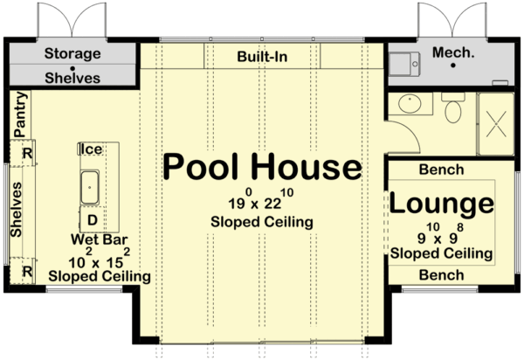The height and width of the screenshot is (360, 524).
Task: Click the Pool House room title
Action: (x=262, y=167)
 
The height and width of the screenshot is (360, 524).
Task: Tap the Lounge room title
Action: (x=441, y=204)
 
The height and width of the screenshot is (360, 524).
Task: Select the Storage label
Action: (x=72, y=54)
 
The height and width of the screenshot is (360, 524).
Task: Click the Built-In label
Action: (x=262, y=58)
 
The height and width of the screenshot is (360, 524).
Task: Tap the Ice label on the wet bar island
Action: (x=91, y=149)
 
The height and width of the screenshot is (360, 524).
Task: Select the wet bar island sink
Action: (x=92, y=184)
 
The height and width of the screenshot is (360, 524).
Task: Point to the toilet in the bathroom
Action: (x=452, y=109)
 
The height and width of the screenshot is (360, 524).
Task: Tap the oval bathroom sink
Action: (x=410, y=105)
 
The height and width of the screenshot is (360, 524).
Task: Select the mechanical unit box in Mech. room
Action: (x=404, y=62)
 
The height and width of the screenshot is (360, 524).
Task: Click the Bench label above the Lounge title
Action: (x=441, y=170)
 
